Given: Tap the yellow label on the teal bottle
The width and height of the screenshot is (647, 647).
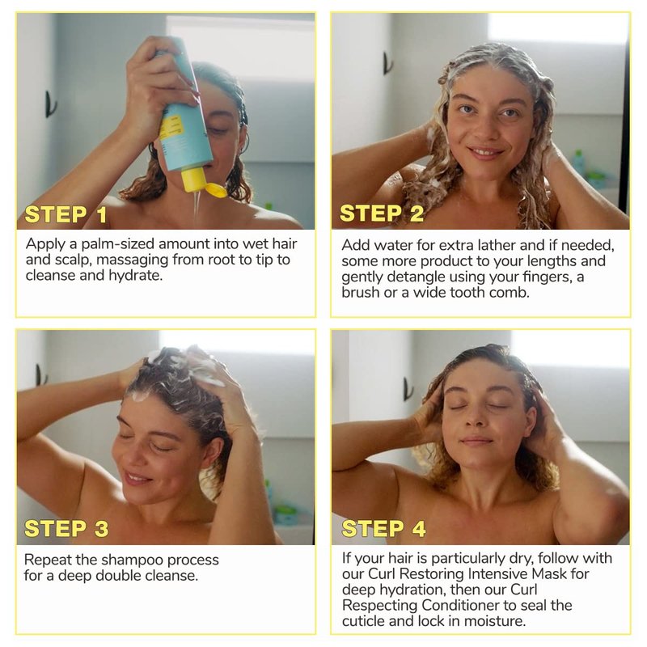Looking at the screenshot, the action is (x=171, y=128).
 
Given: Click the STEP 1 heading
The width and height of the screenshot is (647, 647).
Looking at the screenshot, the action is (x=66, y=214).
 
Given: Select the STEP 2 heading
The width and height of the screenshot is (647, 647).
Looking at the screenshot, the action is (x=382, y=214).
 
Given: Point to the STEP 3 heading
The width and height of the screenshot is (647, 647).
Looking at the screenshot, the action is (x=66, y=529).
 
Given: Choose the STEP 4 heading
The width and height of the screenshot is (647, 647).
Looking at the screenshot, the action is (x=383, y=529).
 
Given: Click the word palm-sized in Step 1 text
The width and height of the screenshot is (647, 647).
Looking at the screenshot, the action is (x=118, y=244).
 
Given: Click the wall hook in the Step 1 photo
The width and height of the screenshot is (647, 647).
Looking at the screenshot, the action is (x=50, y=104).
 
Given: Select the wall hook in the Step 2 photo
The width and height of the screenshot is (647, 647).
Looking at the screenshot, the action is (x=387, y=63).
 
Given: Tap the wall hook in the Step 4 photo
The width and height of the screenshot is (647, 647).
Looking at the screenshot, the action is (x=408, y=390).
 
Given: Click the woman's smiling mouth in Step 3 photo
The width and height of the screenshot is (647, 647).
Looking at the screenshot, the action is (x=136, y=479).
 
